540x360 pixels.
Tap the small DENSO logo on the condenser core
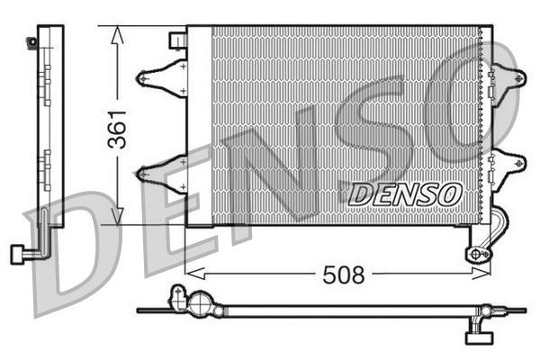[x=405, y=193]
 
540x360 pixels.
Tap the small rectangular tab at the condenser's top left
[x=178, y=40]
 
